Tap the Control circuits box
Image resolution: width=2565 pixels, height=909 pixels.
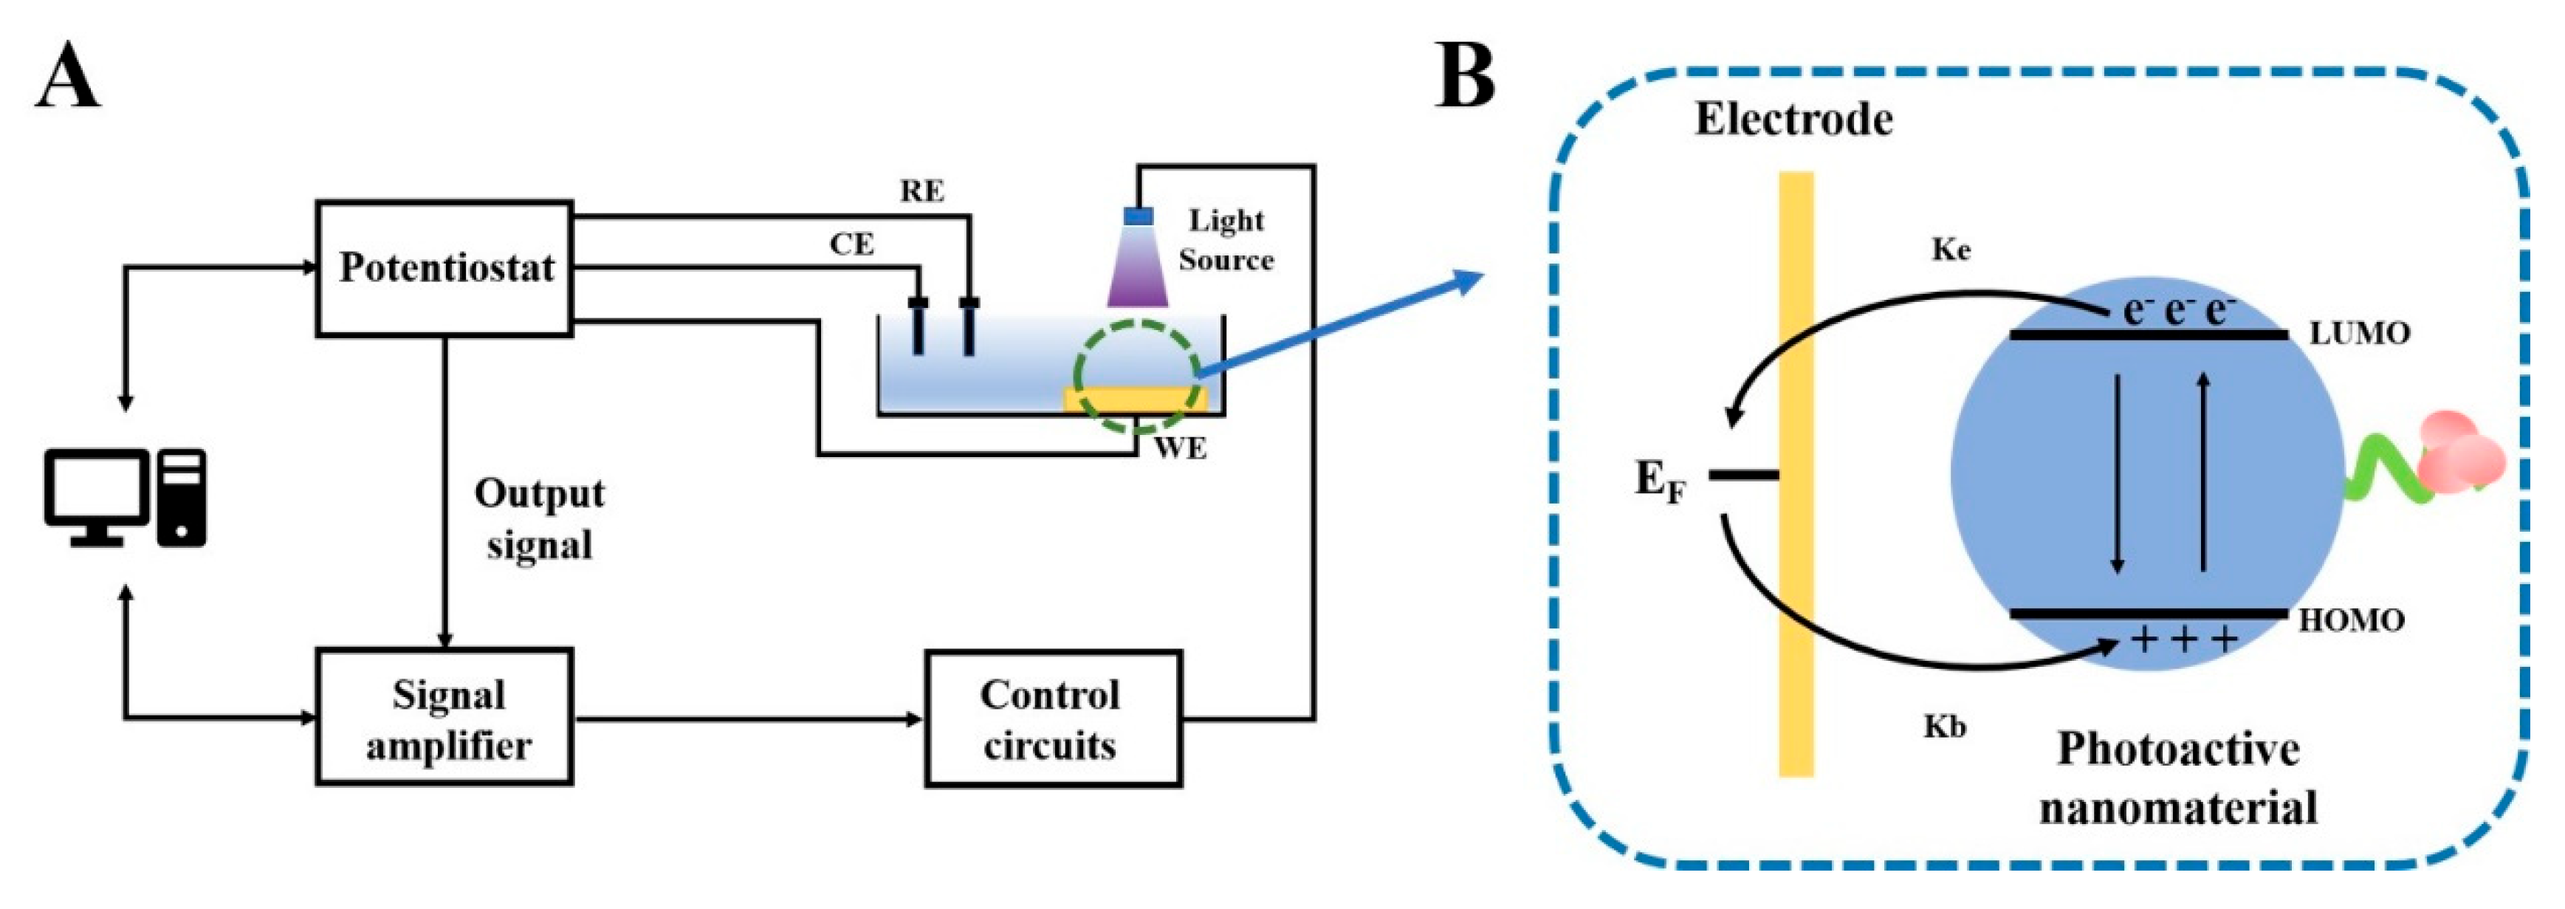(1052, 718)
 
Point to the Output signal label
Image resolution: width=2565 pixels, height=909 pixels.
(539, 518)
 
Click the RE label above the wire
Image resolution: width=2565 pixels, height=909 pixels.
(922, 191)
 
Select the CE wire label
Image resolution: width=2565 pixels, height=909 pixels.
(851, 244)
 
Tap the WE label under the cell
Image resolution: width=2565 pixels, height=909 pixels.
(1180, 449)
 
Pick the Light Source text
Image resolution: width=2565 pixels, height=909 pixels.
(1225, 240)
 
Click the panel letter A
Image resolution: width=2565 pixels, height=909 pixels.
(68, 78)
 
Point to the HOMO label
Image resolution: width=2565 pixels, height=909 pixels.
(2351, 621)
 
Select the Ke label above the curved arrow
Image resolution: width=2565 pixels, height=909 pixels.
(1950, 250)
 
